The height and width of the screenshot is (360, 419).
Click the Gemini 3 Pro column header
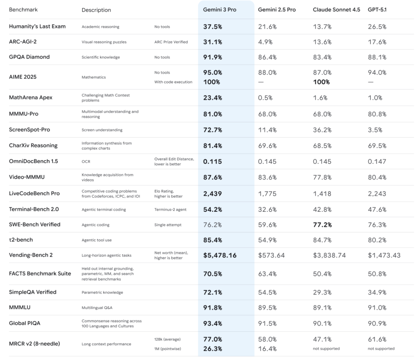[220, 10]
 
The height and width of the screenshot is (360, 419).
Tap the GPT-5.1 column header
[377, 10]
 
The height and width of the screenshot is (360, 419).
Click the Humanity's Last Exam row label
[37, 27]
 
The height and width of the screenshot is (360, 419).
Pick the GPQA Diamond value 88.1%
[377, 57]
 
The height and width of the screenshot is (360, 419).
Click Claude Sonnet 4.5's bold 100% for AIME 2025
[321, 82]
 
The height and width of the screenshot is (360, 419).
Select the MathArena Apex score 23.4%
[213, 98]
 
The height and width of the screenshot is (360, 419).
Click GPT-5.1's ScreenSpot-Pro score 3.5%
[375, 130]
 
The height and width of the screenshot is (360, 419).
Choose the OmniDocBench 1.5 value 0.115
[212, 161]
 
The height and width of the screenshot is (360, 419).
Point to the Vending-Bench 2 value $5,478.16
[220, 255]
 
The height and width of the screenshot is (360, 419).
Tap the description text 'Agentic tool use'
[97, 240]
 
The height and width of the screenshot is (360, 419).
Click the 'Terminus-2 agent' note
[170, 209]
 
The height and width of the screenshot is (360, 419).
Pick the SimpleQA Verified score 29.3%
[322, 292]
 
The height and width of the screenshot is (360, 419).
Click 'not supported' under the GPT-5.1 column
[381, 348]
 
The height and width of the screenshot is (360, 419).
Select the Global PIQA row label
[25, 323]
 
